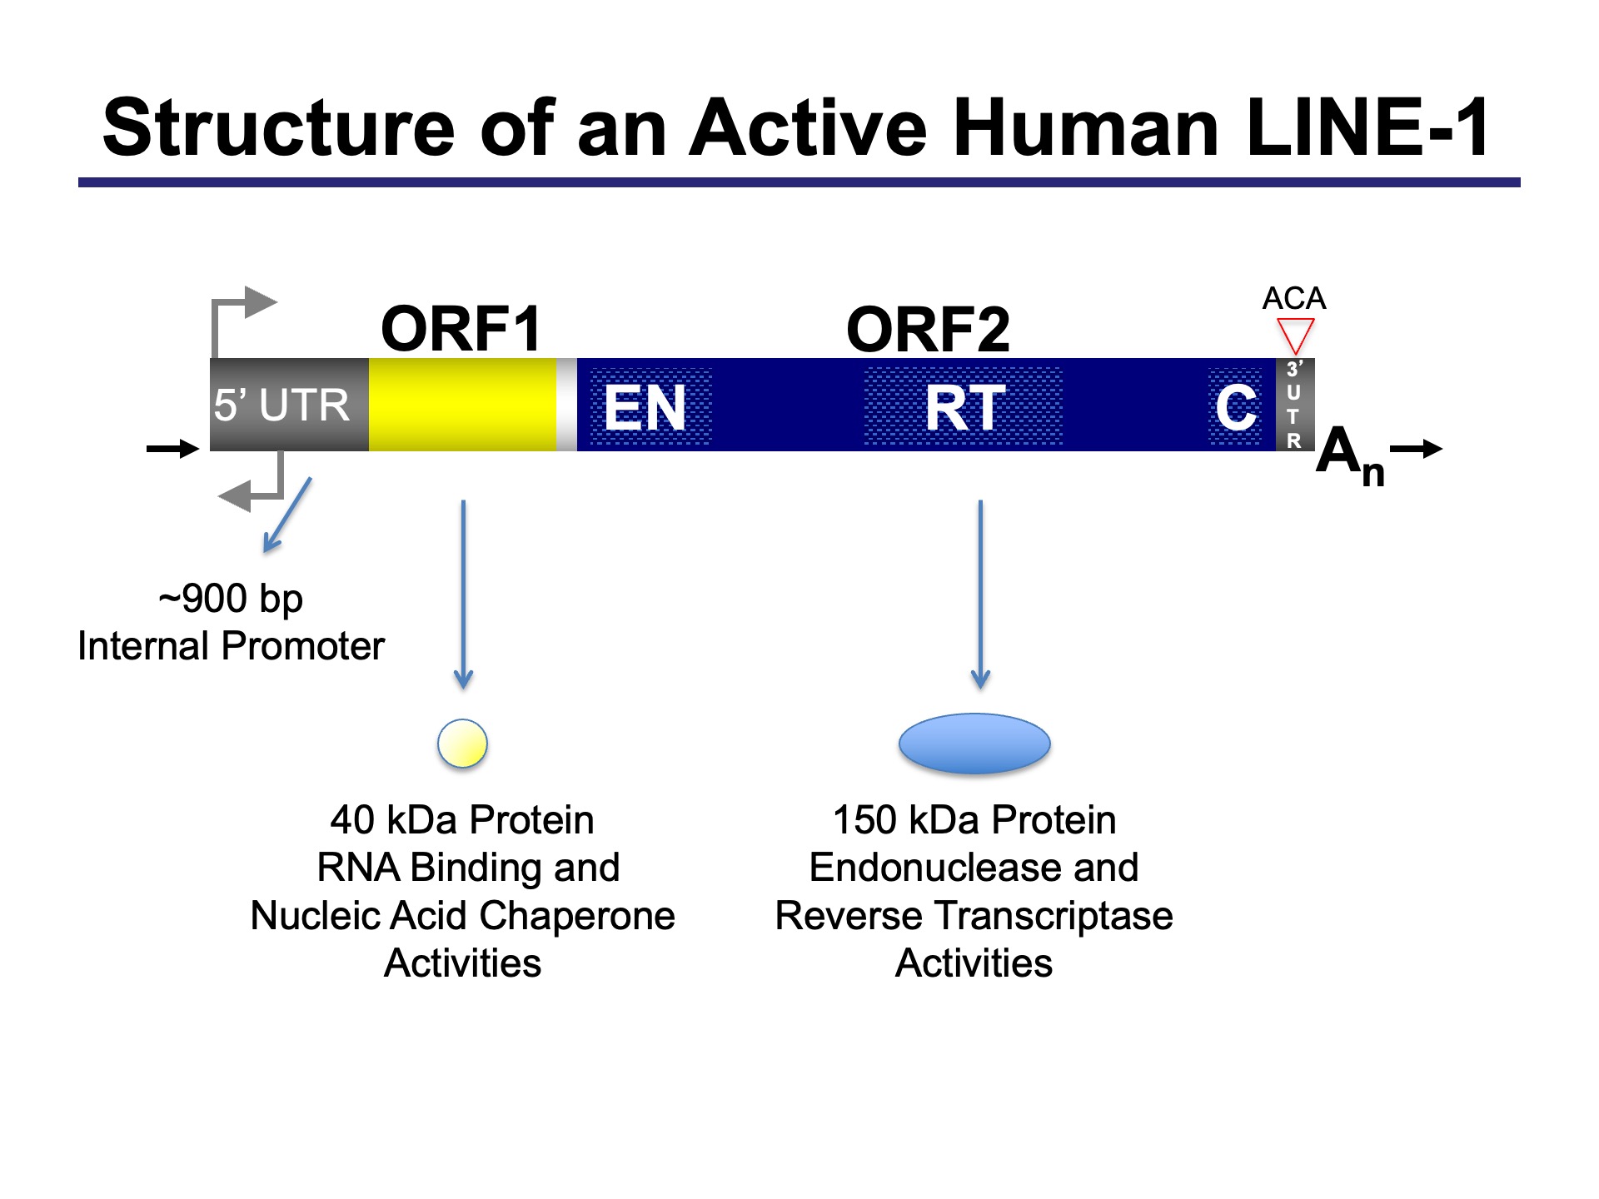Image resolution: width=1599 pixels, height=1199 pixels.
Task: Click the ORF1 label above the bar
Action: pos(461,329)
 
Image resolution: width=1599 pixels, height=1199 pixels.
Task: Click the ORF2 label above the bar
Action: pos(928,330)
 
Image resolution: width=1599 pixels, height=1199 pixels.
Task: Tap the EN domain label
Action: pos(645,408)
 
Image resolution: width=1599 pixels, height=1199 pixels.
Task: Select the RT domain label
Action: pos(965,408)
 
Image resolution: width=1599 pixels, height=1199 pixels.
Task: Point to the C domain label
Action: pos(1235,408)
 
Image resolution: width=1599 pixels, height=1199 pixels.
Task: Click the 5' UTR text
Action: pos(281,405)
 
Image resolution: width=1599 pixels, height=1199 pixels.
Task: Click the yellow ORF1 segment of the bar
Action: pos(462,405)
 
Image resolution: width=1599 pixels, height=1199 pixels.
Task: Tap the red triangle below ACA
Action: pos(1295,336)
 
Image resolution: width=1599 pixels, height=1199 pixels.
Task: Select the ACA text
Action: pos(1293,298)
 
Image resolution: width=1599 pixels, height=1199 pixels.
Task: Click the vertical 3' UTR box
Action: pos(1294,405)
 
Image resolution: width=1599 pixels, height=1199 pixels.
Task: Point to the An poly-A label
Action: pos(1348,455)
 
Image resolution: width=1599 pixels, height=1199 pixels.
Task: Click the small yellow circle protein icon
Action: pos(462,743)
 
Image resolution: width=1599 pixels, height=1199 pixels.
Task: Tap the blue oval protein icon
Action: pos(974,743)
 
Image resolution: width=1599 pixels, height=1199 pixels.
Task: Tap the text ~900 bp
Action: pos(231,598)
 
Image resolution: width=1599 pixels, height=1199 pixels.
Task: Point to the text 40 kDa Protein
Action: pos(462,820)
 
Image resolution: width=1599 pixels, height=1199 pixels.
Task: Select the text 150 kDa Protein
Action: pos(974,820)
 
